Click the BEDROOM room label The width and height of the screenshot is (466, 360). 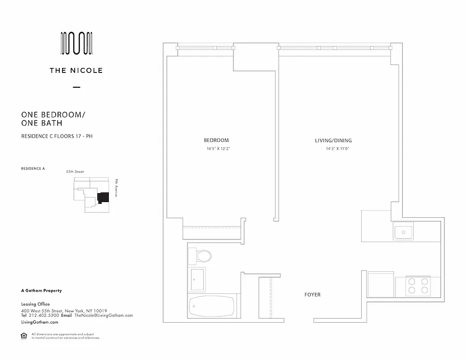coord(216,140)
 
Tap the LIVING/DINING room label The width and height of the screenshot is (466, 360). coord(333,140)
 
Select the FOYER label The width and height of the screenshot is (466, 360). coord(312,295)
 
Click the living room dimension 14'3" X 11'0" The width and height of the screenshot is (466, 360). coord(337,148)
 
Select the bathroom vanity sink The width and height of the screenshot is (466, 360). coord(197,279)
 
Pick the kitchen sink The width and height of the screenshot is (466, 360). coord(403,232)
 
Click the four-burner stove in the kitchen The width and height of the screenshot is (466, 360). coord(418,285)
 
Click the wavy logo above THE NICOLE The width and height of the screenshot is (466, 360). coord(76,44)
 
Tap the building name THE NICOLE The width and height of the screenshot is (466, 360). coord(76,70)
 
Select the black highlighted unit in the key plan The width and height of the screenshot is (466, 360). coord(103,198)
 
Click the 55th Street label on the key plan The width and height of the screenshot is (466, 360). coord(75,172)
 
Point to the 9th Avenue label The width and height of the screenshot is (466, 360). coord(116,188)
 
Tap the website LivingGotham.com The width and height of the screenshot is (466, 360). coord(40,322)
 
